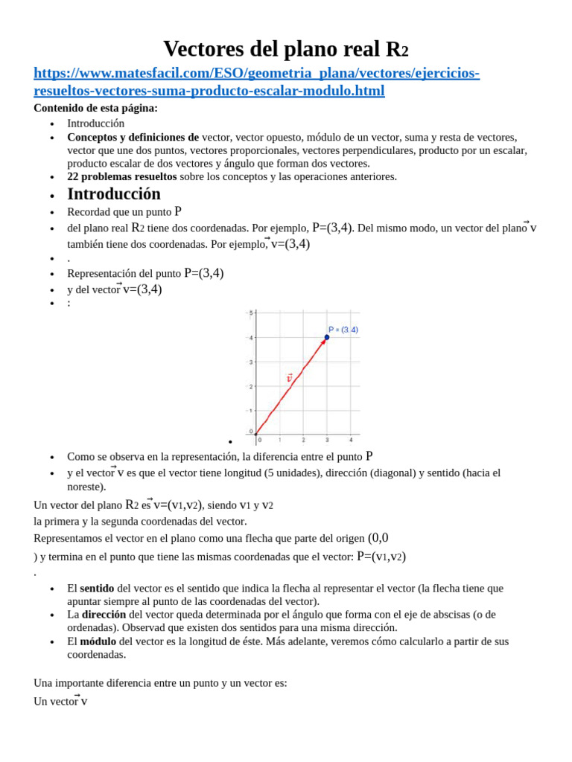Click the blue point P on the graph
326,337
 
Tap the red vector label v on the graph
290,378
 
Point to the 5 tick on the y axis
251,313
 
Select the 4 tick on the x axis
351,440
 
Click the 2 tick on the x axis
302,440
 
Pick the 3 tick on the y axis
251,362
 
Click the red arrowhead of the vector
323,342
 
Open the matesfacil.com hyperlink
256,82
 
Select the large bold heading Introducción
113,194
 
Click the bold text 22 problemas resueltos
121,176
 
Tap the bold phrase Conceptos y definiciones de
133,137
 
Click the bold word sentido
97,588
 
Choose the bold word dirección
104,615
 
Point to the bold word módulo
98,641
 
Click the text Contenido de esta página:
95,108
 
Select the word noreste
86,487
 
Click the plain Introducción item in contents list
95,124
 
